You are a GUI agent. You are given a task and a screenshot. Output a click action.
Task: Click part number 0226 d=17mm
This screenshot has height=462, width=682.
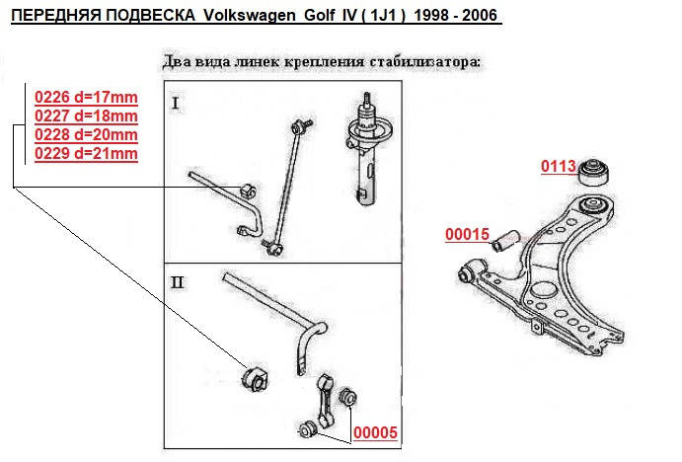click(86, 97)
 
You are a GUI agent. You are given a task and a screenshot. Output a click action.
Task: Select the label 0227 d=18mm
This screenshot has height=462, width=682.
click(86, 115)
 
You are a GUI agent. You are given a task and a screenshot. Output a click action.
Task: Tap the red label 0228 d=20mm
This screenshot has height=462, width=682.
click(86, 134)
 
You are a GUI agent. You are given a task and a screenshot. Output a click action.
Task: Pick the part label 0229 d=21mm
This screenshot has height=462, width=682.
click(86, 153)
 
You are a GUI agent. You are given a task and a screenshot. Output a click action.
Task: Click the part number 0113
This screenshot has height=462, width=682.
click(559, 166)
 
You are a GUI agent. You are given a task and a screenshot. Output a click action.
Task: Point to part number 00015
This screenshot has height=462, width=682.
click(468, 235)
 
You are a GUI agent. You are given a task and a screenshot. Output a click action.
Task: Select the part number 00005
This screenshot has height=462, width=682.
click(375, 432)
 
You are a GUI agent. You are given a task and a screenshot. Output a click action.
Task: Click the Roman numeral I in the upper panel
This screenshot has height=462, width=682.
click(176, 104)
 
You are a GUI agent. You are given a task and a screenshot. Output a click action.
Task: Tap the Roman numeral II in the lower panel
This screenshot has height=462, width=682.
click(178, 283)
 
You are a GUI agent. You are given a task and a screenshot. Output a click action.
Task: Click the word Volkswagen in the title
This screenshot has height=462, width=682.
click(250, 16)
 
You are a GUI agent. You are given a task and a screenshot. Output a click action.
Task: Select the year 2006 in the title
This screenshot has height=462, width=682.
click(480, 16)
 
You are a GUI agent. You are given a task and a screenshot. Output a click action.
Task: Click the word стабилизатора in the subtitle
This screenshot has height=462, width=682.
click(425, 62)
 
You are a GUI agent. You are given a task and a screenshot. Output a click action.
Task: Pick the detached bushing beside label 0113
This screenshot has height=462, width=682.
click(593, 173)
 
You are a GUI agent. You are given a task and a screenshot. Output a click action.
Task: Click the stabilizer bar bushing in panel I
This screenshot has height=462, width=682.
click(248, 191)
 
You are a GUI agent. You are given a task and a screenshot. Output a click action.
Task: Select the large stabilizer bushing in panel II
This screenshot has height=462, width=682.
click(256, 378)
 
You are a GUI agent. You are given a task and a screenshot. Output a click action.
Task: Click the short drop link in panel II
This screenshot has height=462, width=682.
click(324, 401)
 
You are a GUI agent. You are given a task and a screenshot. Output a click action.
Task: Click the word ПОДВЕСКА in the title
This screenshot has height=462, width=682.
click(151, 16)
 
